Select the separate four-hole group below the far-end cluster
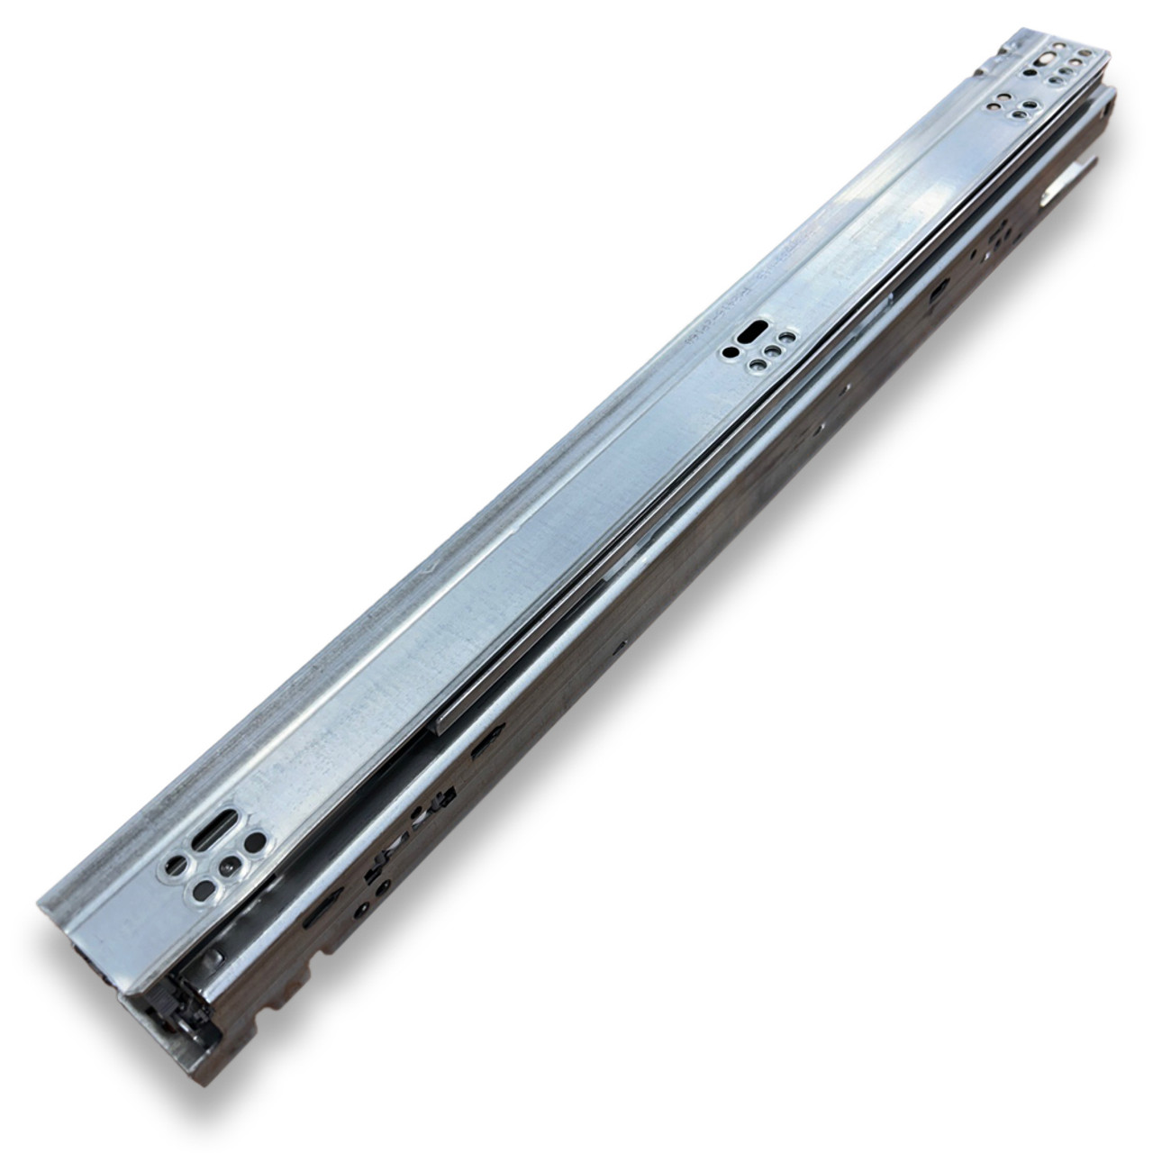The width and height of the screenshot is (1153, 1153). coord(1014,106)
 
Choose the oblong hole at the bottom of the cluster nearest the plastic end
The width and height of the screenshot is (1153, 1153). coord(205,890)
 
